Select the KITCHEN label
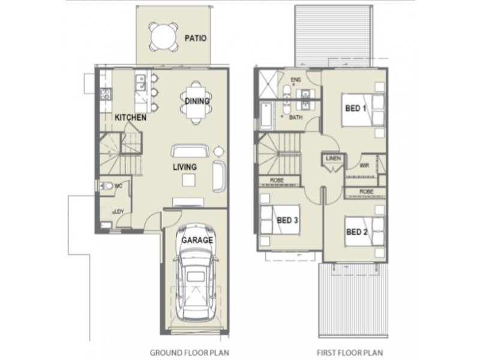130,118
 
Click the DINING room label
197,101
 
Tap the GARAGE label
194,239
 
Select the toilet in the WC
107,187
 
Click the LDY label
119,211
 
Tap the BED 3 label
287,221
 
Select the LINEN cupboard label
333,158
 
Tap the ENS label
296,79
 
